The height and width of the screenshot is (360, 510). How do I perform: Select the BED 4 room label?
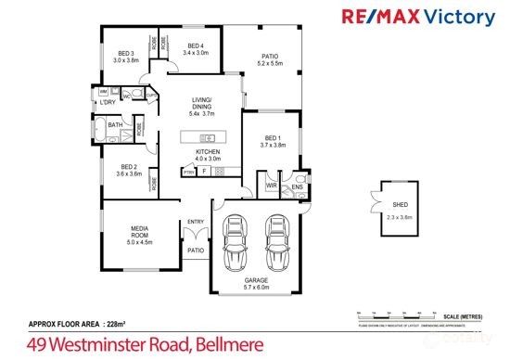196,50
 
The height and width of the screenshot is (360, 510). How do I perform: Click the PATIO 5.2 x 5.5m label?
269,59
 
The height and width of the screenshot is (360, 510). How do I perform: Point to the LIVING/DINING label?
201,106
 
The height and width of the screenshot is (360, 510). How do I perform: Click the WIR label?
271,186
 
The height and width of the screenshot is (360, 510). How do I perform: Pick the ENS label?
298,186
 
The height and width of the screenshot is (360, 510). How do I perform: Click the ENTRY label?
196,221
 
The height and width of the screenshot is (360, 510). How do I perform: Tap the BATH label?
115,124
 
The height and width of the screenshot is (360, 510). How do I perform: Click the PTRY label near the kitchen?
188,172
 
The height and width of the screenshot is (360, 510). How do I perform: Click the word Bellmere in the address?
229,345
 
